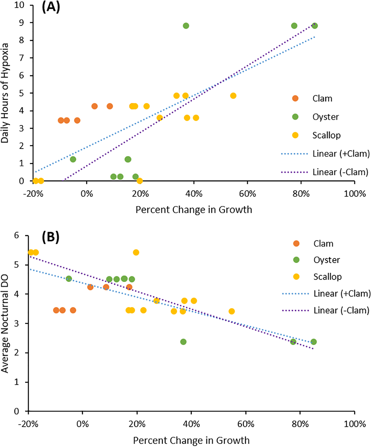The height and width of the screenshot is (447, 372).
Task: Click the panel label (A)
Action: click(x=51, y=7)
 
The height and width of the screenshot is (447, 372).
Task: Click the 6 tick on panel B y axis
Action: click(x=17, y=235)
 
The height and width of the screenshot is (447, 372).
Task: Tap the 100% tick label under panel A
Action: click(x=355, y=194)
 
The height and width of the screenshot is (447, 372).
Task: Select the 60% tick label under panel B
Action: click(x=246, y=424)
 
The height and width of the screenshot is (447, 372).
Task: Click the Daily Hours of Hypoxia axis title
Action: click(x=5, y=93)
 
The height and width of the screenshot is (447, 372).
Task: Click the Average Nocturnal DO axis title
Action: click(x=5, y=324)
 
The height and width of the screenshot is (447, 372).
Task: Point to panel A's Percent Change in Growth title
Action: click(x=194, y=210)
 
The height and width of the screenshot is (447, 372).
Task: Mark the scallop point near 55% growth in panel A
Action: click(x=233, y=96)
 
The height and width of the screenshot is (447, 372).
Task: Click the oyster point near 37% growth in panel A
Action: click(x=186, y=26)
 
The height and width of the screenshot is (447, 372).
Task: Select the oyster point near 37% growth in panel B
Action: click(x=183, y=342)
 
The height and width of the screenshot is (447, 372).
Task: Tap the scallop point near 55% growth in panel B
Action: click(x=232, y=311)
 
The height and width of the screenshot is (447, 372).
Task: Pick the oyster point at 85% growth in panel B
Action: click(x=313, y=342)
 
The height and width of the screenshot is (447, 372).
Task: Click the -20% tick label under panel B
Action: click(x=28, y=424)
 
